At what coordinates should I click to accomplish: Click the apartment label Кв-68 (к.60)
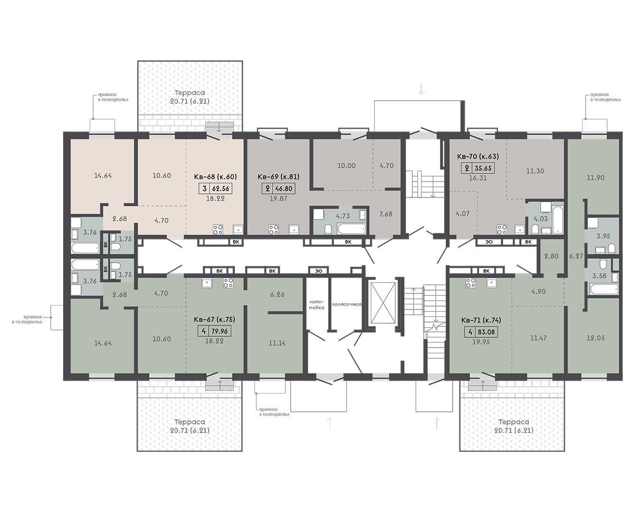click(215, 177)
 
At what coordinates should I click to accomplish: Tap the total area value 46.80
click(284, 188)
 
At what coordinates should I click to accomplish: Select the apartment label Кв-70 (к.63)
click(478, 156)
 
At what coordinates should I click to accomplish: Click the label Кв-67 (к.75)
click(214, 320)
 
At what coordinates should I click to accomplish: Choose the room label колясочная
click(346, 304)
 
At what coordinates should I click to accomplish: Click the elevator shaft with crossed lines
click(382, 301)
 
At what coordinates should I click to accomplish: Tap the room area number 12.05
click(595, 338)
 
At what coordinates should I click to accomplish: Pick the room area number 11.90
click(595, 177)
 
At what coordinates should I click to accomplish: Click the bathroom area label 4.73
click(342, 216)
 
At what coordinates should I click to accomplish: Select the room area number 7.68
click(386, 214)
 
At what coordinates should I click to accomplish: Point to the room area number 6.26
click(277, 295)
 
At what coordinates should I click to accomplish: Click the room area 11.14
click(277, 344)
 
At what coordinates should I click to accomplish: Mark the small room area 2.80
click(551, 256)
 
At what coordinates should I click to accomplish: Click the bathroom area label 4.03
click(541, 219)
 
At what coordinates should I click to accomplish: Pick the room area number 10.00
click(346, 166)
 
